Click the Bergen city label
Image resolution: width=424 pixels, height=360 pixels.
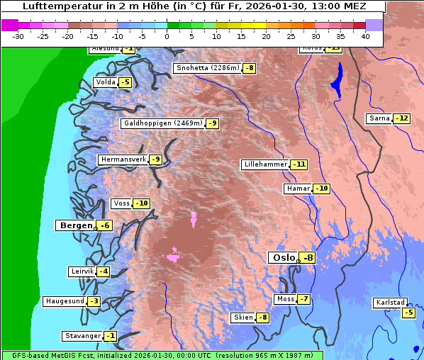click(74, 225)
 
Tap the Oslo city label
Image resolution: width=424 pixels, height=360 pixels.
click(283, 258)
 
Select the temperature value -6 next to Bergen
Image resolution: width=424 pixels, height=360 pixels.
click(104, 225)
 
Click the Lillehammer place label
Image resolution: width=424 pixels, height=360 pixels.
click(265, 164)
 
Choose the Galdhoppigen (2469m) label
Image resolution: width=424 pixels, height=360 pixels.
click(163, 123)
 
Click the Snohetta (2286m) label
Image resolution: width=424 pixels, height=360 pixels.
click(207, 68)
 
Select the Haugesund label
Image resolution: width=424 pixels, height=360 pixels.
click(65, 301)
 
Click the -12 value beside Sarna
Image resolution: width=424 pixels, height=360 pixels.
click(402, 118)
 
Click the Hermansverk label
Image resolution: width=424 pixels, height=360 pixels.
click(123, 159)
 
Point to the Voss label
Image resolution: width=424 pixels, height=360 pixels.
click(121, 203)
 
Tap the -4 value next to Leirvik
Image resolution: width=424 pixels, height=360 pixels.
click(104, 271)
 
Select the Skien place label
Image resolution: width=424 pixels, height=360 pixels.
click(242, 317)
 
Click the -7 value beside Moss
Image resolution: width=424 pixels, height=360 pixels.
click(303, 299)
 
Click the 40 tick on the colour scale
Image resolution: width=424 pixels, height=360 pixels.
click(365, 35)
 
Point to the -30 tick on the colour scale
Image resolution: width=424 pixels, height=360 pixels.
click(18, 35)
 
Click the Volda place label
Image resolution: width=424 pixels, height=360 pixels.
click(105, 82)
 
